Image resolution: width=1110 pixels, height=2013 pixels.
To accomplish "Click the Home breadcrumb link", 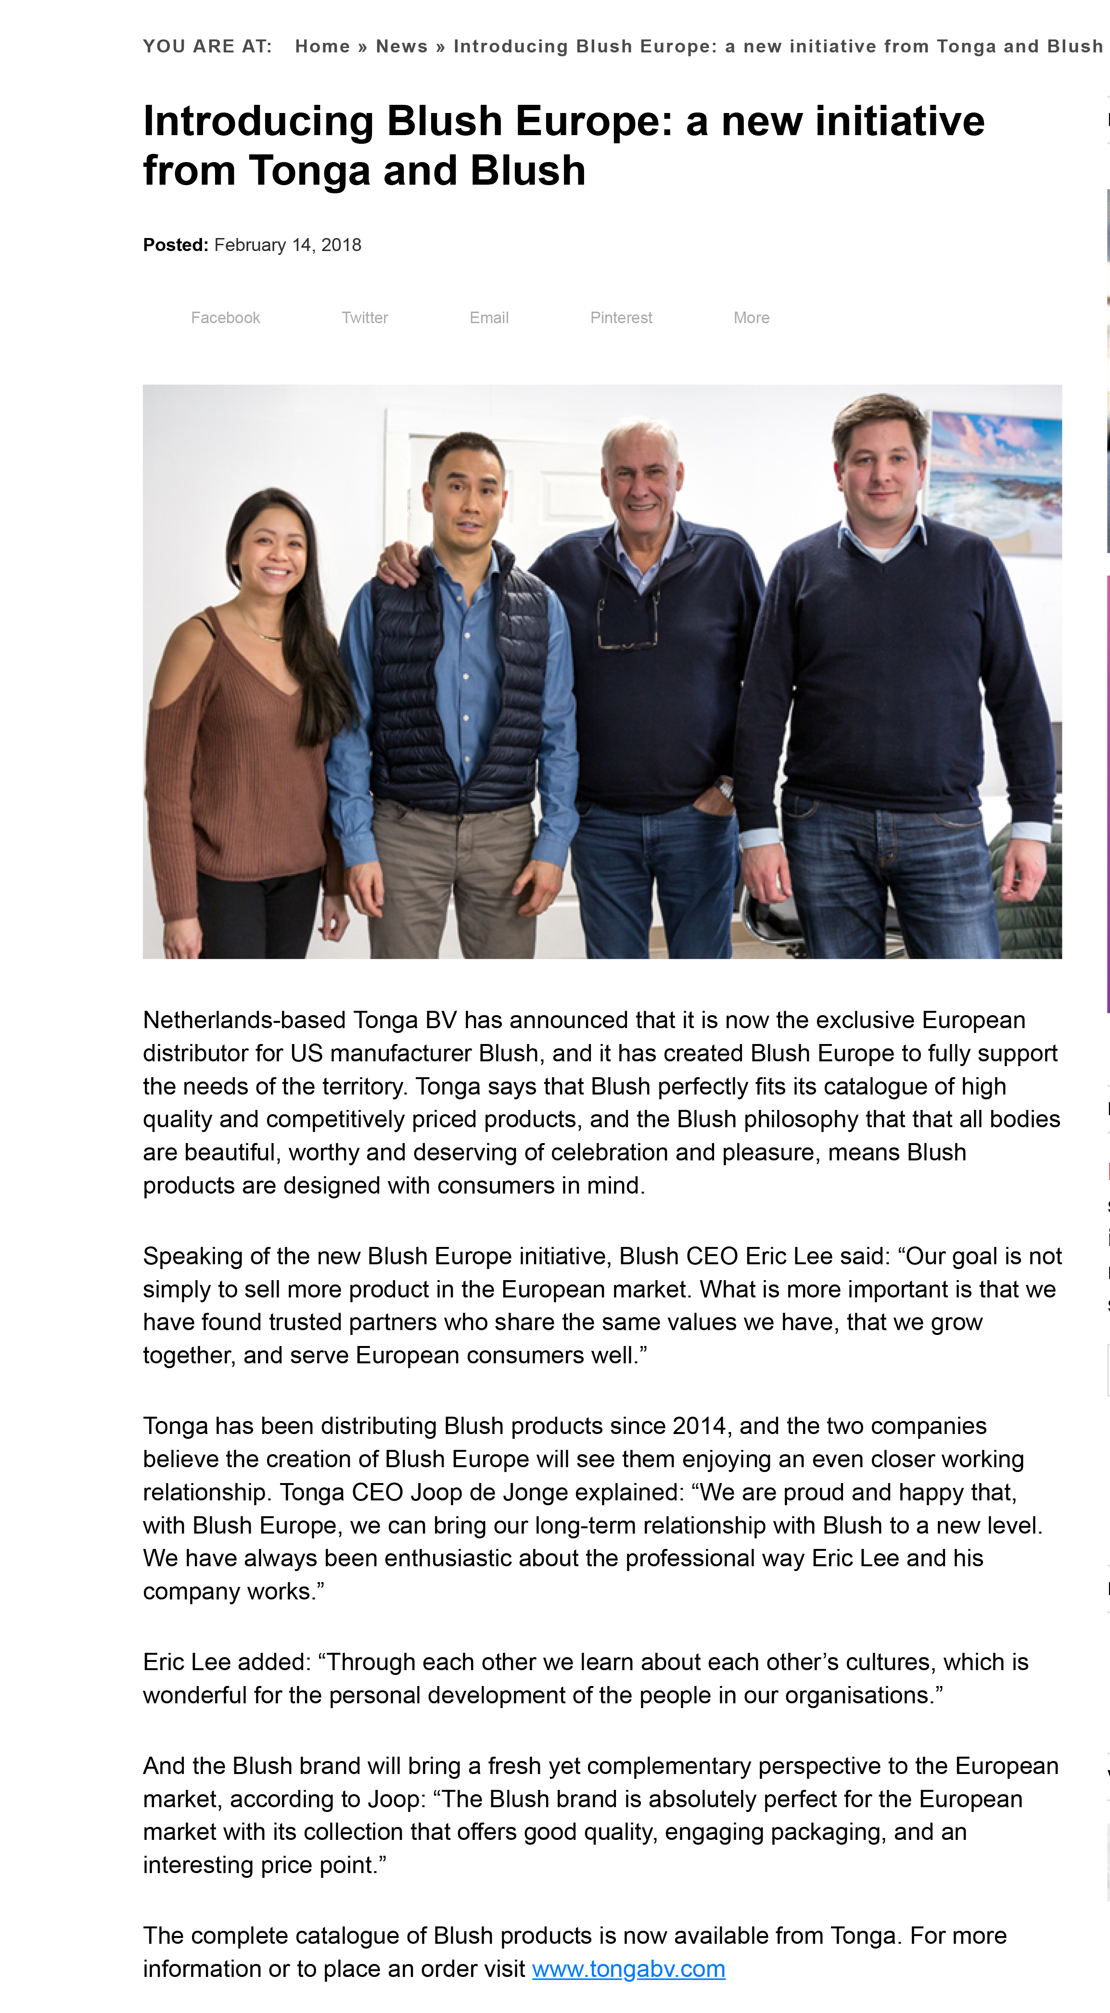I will pyautogui.click(x=322, y=47).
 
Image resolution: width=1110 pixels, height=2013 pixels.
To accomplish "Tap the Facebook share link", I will pyautogui.click(x=225, y=318).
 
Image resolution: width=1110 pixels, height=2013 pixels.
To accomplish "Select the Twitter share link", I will pyautogui.click(x=364, y=318).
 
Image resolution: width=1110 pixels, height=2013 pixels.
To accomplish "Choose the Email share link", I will pyautogui.click(x=488, y=318).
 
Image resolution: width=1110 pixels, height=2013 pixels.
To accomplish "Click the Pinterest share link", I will pyautogui.click(x=621, y=318).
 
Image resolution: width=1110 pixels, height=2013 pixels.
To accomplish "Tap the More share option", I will pyautogui.click(x=751, y=318).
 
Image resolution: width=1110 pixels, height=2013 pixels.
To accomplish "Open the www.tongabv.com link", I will pyautogui.click(x=628, y=1968).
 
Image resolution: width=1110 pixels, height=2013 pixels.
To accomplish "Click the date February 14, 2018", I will pyautogui.click(x=288, y=245).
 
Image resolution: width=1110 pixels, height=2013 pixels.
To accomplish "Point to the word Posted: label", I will pyautogui.click(x=175, y=245).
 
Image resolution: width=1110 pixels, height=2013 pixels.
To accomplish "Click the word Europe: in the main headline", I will pyautogui.click(x=594, y=122).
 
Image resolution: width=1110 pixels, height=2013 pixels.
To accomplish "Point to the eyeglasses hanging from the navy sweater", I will pyautogui.click(x=627, y=625).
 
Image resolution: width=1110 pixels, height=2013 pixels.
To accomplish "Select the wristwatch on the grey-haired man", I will pyautogui.click(x=726, y=789).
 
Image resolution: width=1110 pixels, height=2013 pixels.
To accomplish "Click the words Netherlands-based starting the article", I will pyautogui.click(x=244, y=1020).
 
